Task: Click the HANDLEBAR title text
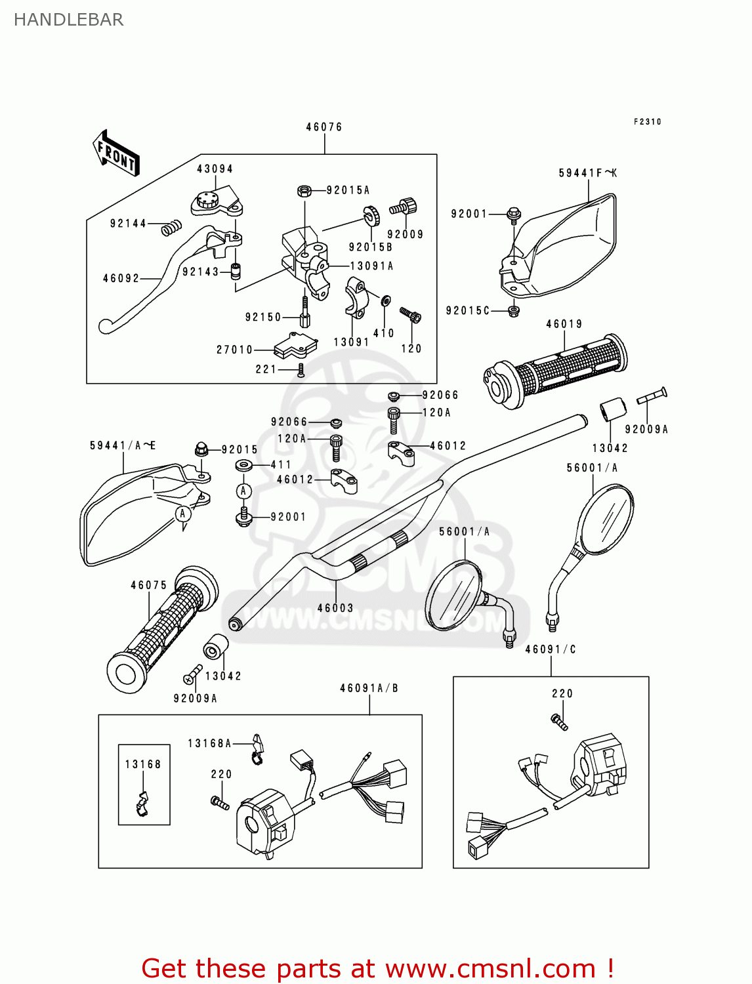68,20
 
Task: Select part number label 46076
324,127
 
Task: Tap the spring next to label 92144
171,228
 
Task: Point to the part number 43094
215,169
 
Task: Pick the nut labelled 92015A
304,191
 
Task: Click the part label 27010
234,350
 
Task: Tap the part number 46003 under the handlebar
335,608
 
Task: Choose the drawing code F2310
648,122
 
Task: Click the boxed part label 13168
143,764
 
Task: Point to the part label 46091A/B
369,688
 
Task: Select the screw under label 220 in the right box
559,722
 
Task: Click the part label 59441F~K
587,173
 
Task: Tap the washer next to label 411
244,466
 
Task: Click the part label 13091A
371,266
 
